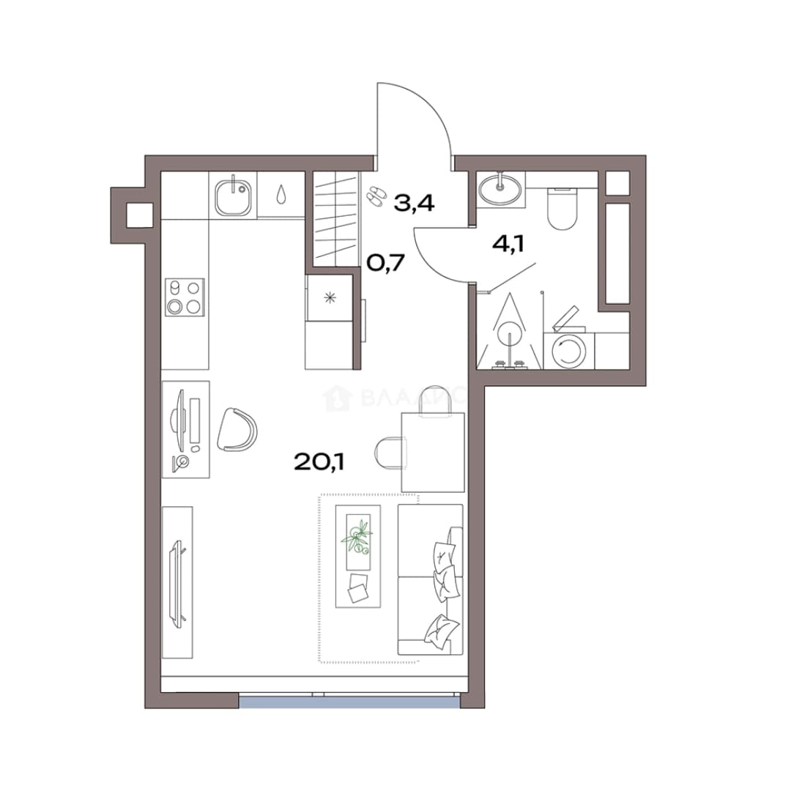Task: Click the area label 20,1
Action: coord(319,461)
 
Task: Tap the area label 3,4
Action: coord(414,204)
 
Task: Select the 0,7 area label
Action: coord(386,262)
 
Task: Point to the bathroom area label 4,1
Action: coord(508,244)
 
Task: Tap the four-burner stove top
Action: coord(185,297)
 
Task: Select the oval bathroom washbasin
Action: coord(500,188)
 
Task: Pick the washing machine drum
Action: coord(569,350)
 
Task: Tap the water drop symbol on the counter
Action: coord(281,194)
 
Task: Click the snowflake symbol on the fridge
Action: coord(330,298)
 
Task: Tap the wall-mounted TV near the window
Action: coord(177,584)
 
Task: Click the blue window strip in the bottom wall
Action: coord(349,702)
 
